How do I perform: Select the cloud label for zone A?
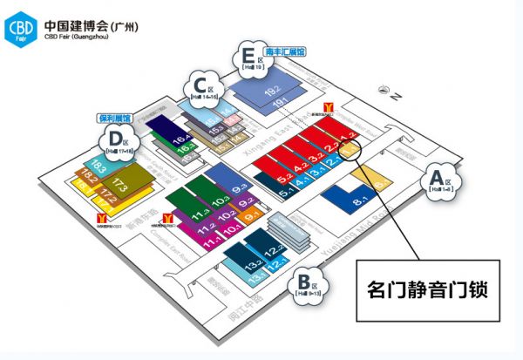tap(437, 181)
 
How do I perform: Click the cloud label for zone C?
tap(200, 88)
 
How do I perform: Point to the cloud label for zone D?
tap(114, 140)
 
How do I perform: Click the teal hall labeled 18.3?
tap(98, 165)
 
